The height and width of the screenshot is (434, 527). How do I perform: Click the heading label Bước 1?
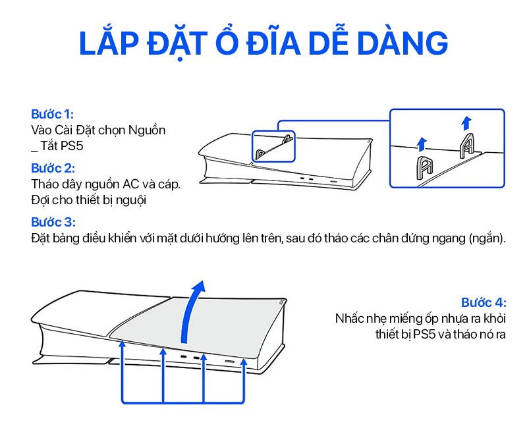pyautogui.click(x=53, y=114)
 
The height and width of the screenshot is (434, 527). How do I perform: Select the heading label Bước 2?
pyautogui.click(x=53, y=168)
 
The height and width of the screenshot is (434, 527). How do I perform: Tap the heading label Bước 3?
pyautogui.click(x=53, y=222)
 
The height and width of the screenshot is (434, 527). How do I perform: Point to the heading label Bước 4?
pyautogui.click(x=484, y=302)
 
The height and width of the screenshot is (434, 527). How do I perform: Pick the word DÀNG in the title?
pyautogui.click(x=402, y=43)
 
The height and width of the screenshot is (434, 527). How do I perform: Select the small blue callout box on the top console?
pyautogui.click(x=273, y=146)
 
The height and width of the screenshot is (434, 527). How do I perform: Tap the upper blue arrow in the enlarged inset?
pyautogui.click(x=466, y=123)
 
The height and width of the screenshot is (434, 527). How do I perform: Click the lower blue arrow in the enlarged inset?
pyautogui.click(x=422, y=144)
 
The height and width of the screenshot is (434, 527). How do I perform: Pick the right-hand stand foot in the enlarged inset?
pyautogui.click(x=467, y=146)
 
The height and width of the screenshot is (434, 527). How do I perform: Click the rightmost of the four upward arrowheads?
pyautogui.click(x=244, y=362)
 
